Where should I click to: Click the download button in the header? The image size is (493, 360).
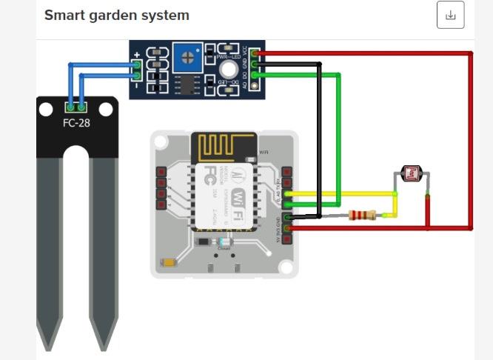coord(450,16)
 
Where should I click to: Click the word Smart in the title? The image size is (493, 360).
coord(62,15)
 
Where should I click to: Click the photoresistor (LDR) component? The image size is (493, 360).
coord(410,174)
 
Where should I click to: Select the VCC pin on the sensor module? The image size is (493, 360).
coord(256,53)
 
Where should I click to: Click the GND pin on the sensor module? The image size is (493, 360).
coord(256,64)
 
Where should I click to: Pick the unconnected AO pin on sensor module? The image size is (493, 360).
coord(256,85)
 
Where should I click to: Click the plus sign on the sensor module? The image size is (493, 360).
coord(137,56)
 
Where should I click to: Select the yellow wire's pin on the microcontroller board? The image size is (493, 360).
coord(287,194)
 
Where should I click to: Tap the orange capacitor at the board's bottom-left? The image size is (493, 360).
coord(170,261)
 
